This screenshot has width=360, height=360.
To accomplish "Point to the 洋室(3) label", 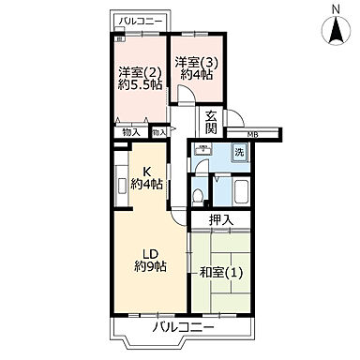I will (197, 63).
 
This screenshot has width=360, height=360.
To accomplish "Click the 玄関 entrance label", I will (213, 123).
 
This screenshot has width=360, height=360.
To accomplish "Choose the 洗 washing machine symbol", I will (240, 153).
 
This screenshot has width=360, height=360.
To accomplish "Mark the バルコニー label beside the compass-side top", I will (142, 20).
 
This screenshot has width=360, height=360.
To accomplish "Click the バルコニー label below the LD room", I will (184, 329).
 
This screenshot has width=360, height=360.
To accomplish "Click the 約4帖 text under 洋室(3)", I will (197, 77).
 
